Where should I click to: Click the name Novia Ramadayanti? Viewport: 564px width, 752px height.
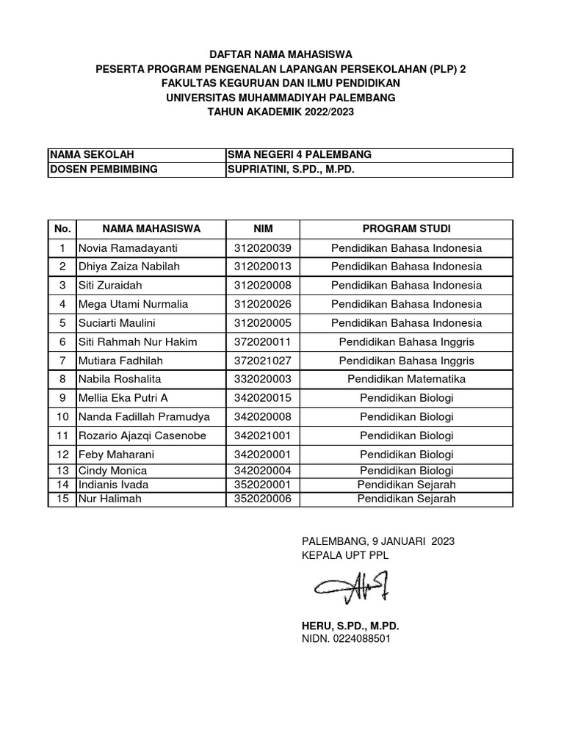[x=128, y=247]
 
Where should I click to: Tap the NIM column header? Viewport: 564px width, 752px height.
[x=263, y=228]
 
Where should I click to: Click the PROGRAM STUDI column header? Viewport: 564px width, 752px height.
[x=406, y=228]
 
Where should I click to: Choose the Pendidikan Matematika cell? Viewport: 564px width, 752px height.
[x=406, y=379]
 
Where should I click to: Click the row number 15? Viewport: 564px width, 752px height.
[x=62, y=499]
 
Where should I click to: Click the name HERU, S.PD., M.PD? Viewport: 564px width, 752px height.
[x=350, y=625]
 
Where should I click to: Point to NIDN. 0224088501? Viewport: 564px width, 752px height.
[x=346, y=639]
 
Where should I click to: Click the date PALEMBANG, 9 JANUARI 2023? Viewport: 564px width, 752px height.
[x=378, y=541]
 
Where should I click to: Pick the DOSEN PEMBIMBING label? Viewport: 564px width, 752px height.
[x=103, y=170]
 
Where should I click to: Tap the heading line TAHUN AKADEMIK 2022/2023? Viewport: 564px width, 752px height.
[x=281, y=111]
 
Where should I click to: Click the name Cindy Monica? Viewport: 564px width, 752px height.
[x=112, y=471]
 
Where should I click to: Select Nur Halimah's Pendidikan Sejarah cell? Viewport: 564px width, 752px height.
[x=406, y=499]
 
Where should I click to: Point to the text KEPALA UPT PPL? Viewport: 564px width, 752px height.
[x=345, y=555]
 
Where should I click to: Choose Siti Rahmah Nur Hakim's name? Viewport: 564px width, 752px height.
[x=137, y=341]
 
